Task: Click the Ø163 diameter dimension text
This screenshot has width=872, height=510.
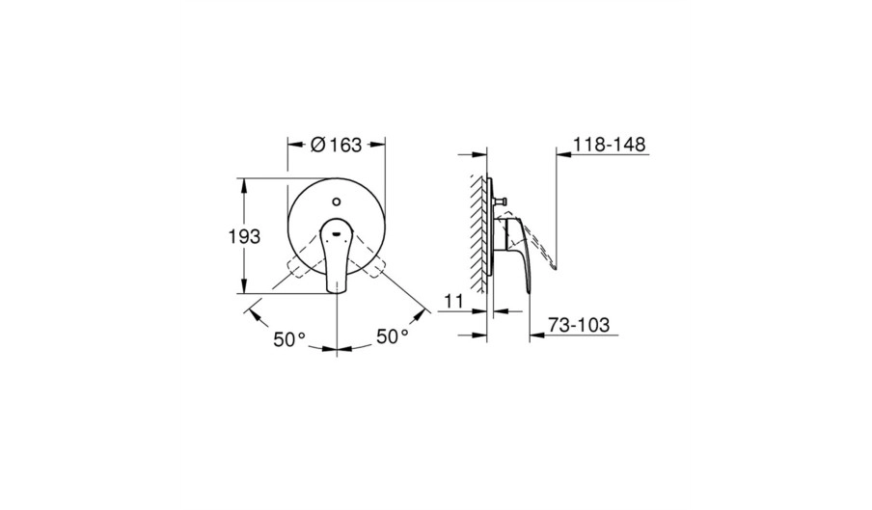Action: pos(336,145)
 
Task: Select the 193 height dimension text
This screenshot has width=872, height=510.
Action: pos(244,236)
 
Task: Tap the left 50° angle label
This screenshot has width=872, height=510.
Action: pos(289,339)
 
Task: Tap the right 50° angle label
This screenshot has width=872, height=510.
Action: pos(393,336)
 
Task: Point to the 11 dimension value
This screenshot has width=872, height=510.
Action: pos(453,302)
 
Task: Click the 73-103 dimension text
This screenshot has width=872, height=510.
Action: pos(579,325)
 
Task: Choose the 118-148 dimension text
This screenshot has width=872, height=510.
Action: pos(610,145)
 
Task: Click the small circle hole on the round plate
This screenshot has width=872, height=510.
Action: pos(336,201)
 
